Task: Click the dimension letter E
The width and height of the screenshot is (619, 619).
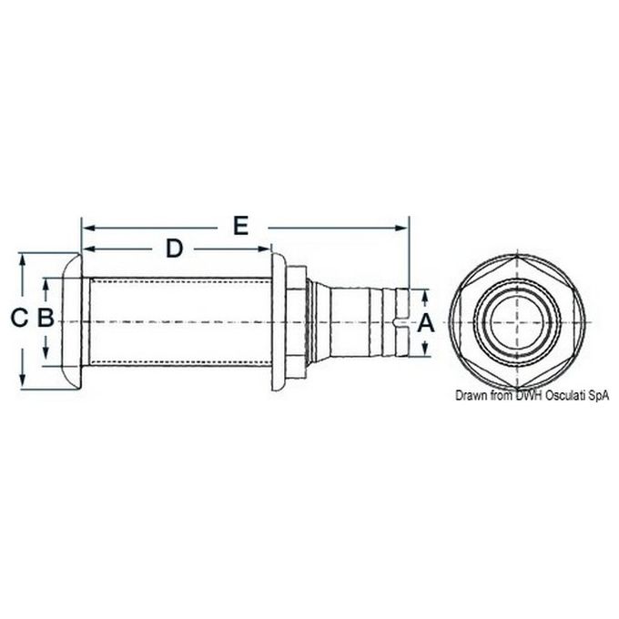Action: (240, 225)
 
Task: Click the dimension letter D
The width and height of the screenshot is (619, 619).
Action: (174, 248)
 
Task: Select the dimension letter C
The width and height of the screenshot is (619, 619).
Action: (17, 319)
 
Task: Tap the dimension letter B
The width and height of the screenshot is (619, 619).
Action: (45, 319)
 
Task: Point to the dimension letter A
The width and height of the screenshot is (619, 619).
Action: (423, 321)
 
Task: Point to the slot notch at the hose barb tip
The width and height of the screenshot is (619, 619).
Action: (401, 320)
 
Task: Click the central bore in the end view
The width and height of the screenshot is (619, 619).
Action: (516, 320)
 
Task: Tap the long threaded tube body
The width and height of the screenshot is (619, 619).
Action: (178, 321)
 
